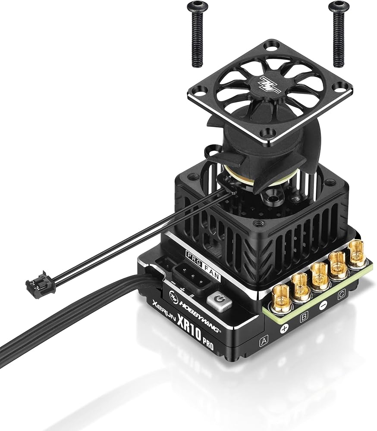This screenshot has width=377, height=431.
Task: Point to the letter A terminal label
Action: [264, 341]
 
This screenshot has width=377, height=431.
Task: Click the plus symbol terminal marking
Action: [284, 328]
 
